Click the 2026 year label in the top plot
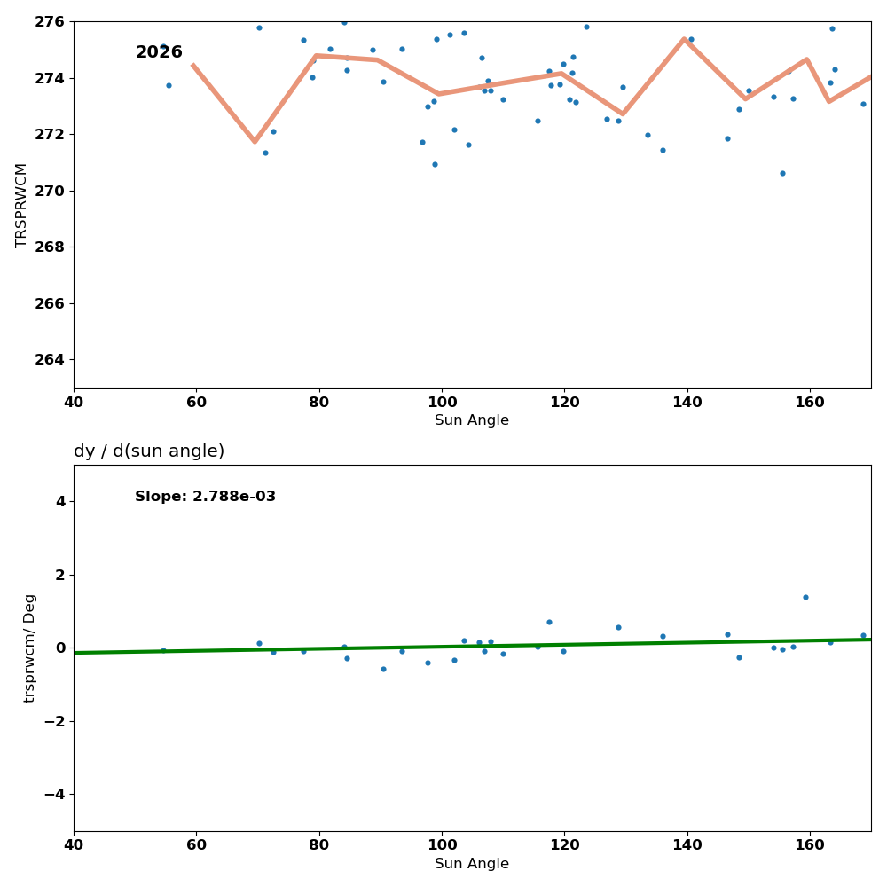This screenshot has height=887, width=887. pyautogui.click(x=159, y=52)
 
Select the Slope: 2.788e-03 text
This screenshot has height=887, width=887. pyautogui.click(x=205, y=497)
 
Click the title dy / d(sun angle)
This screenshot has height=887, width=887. pyautogui.click(x=149, y=451)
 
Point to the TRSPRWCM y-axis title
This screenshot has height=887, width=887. pyautogui.click(x=21, y=205)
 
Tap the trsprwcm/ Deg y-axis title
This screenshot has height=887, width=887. pyautogui.click(x=30, y=648)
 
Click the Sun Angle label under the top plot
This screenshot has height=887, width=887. pyautogui.click(x=472, y=420)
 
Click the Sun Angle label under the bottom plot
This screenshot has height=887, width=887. pyautogui.click(x=472, y=864)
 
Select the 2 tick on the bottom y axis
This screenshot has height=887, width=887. pyautogui.click(x=60, y=575)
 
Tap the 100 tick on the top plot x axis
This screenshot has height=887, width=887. pyautogui.click(x=442, y=402)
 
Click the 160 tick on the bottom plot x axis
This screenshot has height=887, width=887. pyautogui.click(x=810, y=845)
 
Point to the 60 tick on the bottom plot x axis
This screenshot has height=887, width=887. pyautogui.click(x=196, y=845)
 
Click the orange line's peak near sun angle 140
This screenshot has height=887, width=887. pyautogui.click(x=684, y=39)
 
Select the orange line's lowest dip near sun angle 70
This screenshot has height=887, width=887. pyautogui.click(x=255, y=141)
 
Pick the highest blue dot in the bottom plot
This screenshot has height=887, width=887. pyautogui.click(x=805, y=597)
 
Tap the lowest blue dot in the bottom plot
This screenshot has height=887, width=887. pyautogui.click(x=383, y=669)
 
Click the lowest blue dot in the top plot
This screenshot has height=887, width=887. pyautogui.click(x=782, y=173)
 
